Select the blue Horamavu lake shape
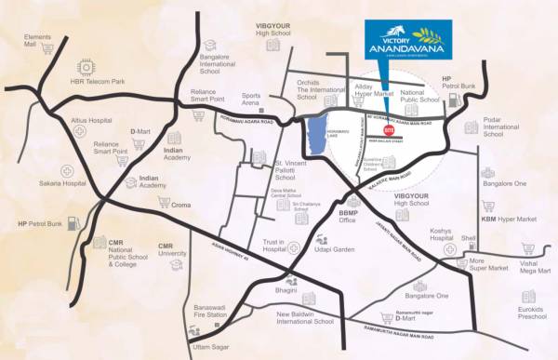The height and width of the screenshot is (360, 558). click(316, 139)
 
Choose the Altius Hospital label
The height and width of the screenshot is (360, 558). click(97, 120)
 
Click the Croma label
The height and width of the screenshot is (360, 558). click(181, 204)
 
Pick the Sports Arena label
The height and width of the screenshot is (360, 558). click(252, 100)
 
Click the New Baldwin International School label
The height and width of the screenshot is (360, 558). click(306, 319)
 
